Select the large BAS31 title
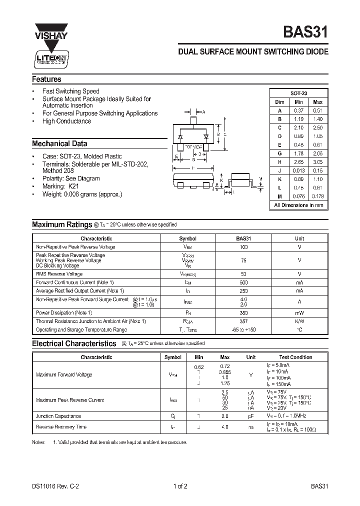(305, 33)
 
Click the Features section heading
(46, 79)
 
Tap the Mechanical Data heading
(59, 143)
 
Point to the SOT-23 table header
(299, 93)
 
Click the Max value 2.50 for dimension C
(317, 127)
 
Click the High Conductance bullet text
(66, 121)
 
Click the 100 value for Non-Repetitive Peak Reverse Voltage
(243, 247)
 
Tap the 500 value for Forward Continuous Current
(243, 282)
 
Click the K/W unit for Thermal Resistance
(299, 321)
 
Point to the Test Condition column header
(295, 357)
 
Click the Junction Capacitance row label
(58, 416)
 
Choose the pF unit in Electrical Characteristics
(251, 416)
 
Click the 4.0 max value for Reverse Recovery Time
(225, 427)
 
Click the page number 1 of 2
(179, 485)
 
